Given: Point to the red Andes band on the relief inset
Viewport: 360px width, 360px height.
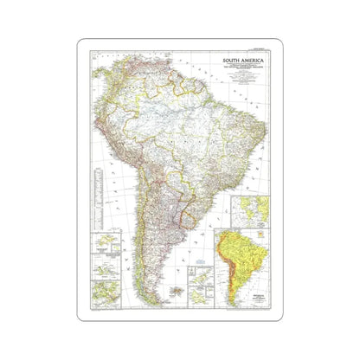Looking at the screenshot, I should point(228,260).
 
